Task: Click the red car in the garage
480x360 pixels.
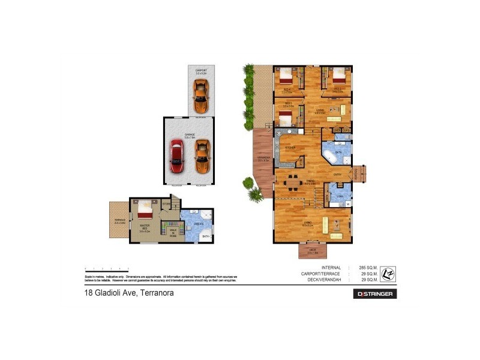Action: pos(177,156)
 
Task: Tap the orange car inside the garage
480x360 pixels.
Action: pos(202,156)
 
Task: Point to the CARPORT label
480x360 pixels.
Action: pos(200,71)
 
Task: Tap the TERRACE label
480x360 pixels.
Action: pos(119,221)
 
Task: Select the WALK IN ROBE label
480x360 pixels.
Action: pos(172,232)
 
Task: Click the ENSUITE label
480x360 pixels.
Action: pos(199,224)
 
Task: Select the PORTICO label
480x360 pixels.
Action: pos(356,174)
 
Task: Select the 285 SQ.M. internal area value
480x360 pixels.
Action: pos(367,268)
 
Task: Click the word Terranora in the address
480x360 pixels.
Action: pos(157,293)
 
